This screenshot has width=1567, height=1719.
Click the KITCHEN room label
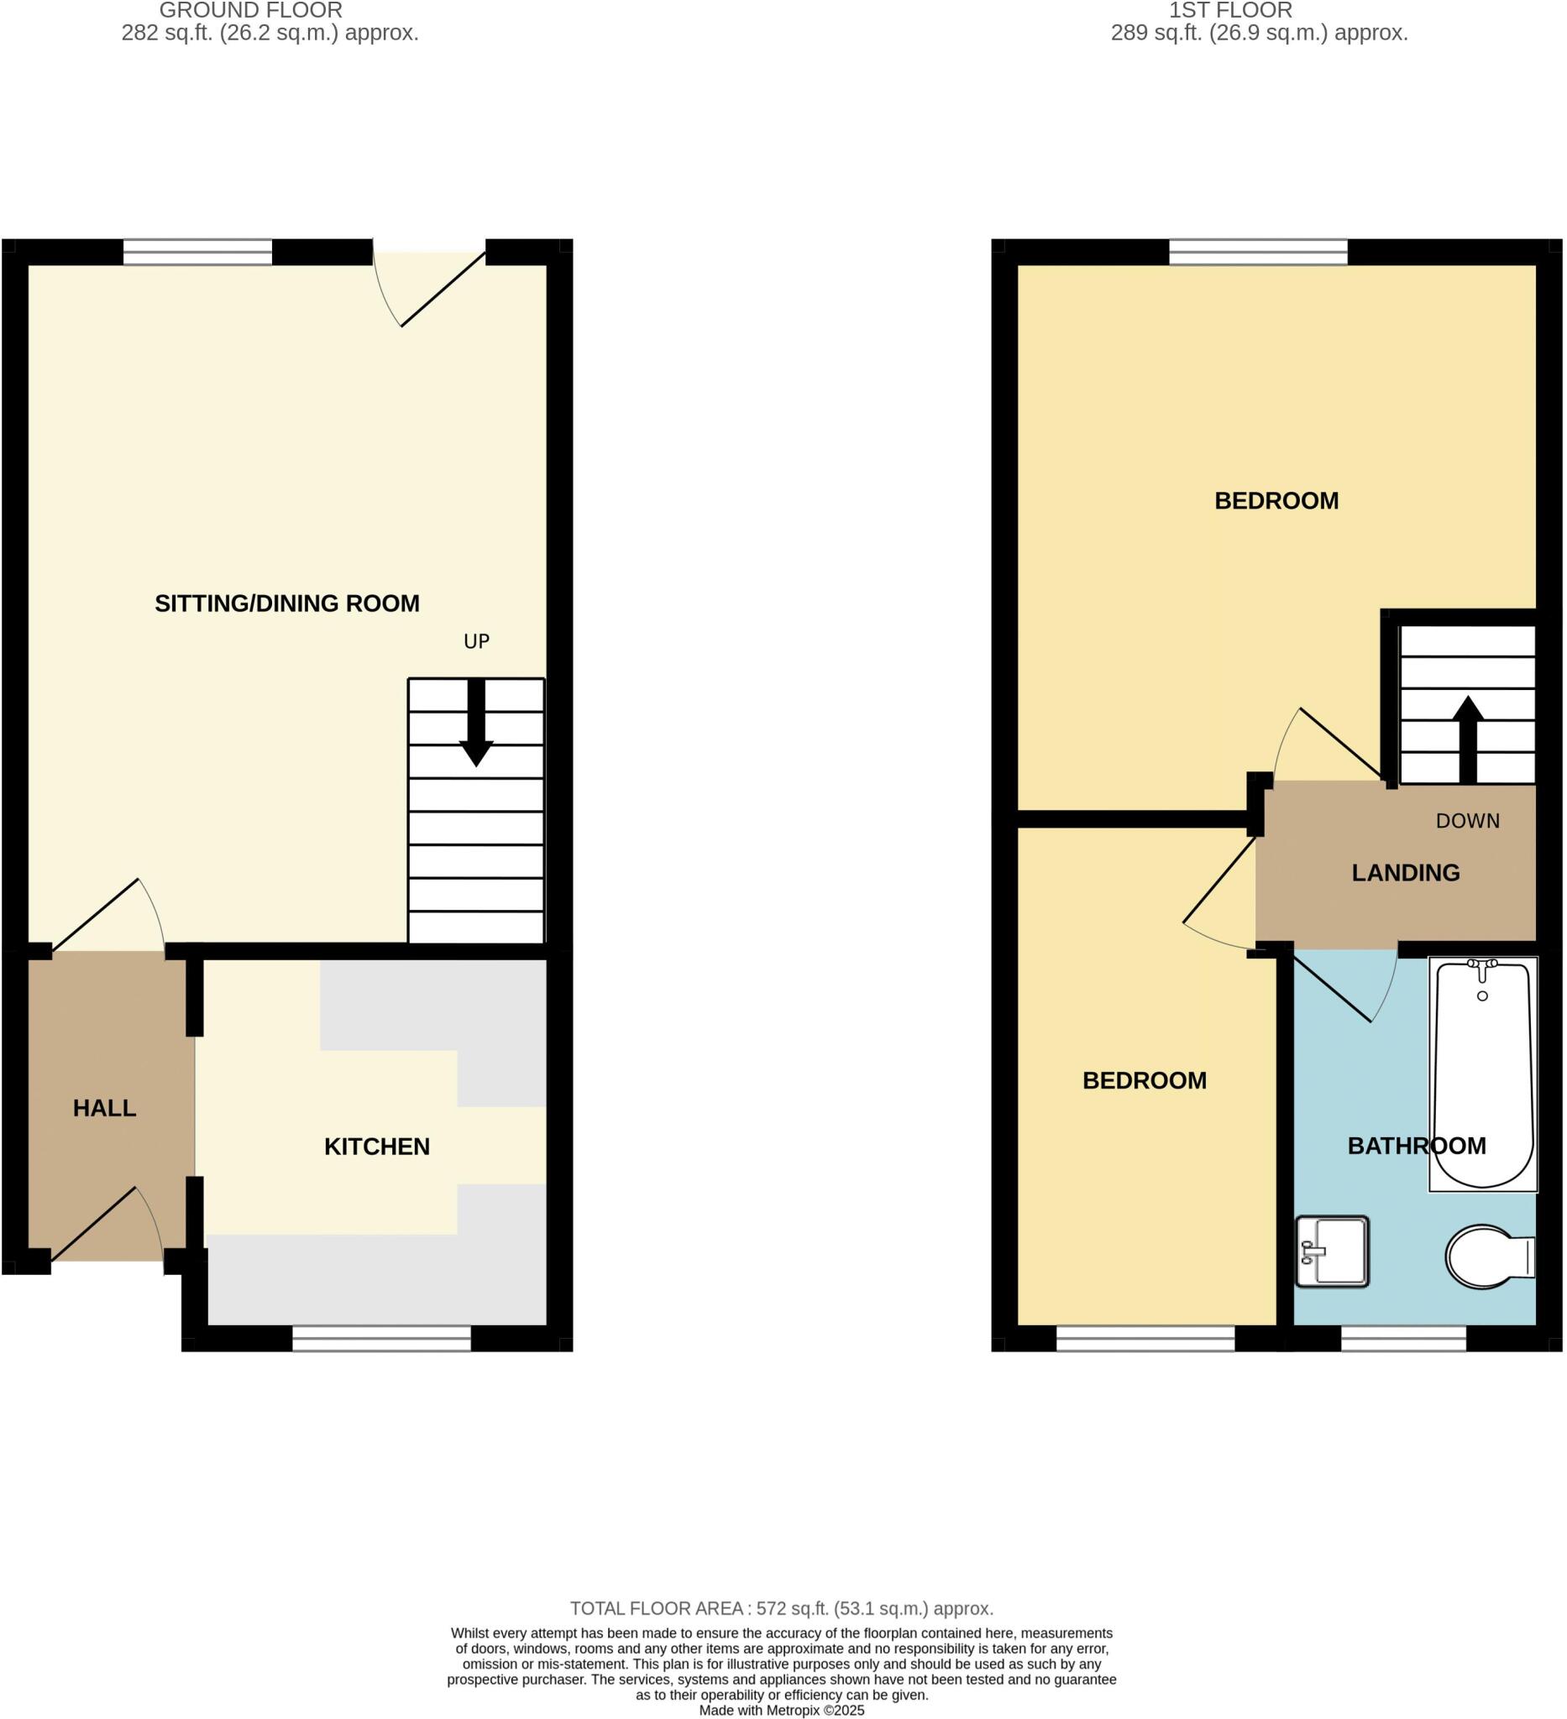tap(376, 1147)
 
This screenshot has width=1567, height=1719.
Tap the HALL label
tap(104, 1109)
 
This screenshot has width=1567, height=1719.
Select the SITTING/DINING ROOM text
tap(286, 603)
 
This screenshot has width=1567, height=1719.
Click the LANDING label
tap(1405, 873)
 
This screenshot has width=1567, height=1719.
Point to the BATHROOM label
tap(1416, 1146)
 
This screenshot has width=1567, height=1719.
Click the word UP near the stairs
tap(476, 641)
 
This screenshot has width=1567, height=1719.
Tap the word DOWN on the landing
tap(1467, 821)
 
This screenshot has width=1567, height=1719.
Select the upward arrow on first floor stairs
tap(1467, 739)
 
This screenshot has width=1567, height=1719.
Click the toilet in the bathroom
tap(1489, 1257)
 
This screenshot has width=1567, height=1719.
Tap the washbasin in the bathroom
tap(1332, 1251)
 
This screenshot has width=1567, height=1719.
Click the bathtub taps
tap(1481, 967)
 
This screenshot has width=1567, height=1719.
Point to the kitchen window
tap(381, 1339)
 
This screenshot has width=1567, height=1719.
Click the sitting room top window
tap(197, 253)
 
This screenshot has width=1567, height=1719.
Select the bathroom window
tap(1403, 1339)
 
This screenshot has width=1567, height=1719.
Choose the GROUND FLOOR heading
tap(251, 11)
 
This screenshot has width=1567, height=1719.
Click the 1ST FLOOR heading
tap(1230, 11)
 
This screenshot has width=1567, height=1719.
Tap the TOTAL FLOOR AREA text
tap(781, 1609)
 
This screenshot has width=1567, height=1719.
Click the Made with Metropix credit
tap(781, 1711)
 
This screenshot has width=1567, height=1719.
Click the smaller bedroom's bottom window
tap(1145, 1339)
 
